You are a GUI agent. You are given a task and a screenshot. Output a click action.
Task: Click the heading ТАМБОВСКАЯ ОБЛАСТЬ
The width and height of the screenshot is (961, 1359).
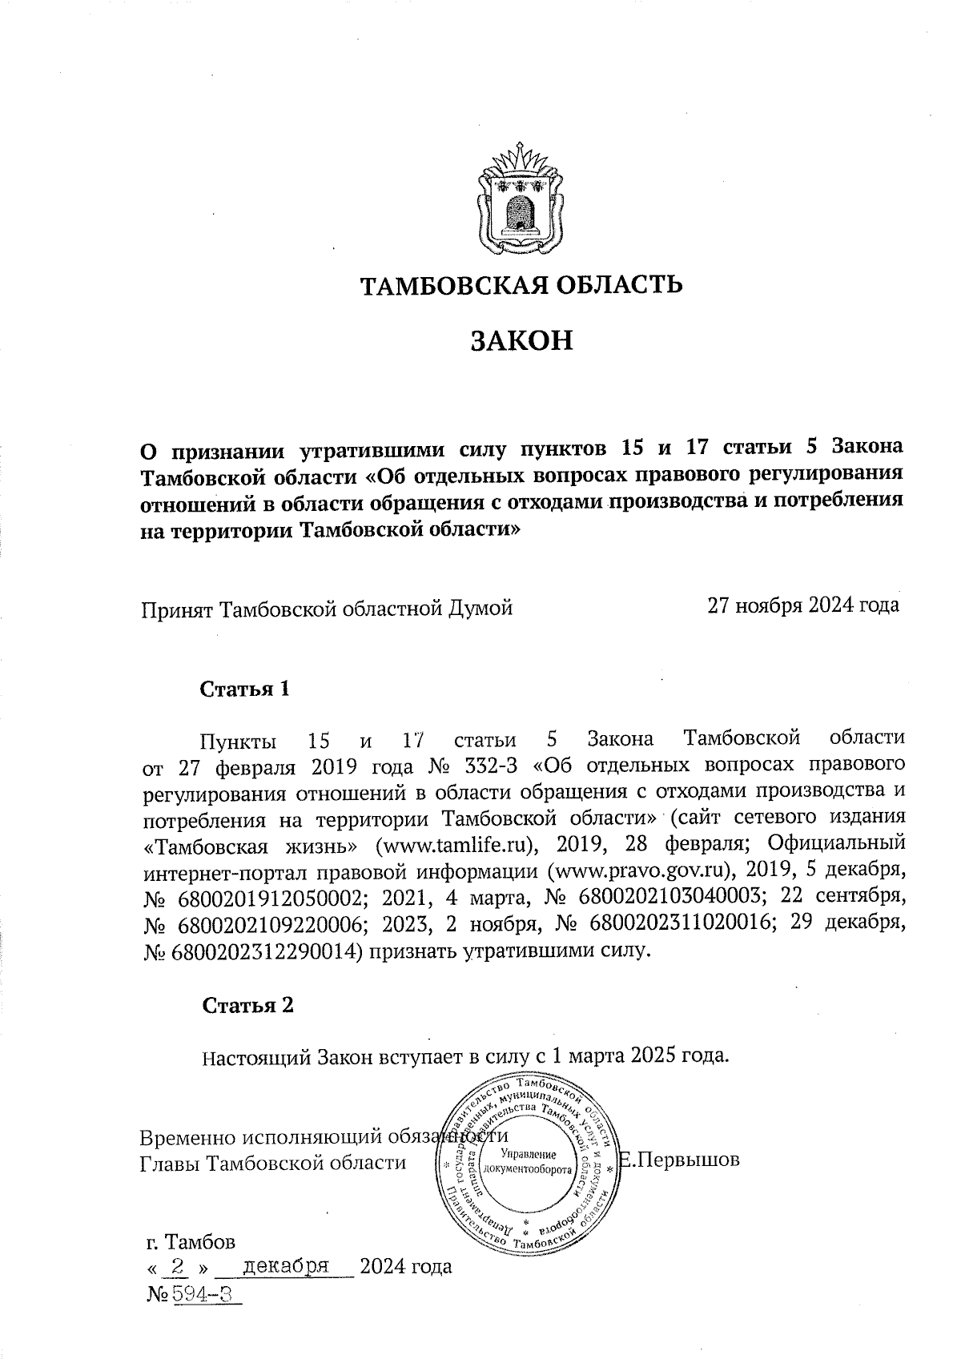(520, 286)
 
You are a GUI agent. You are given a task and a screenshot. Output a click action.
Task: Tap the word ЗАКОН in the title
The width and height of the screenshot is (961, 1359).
(520, 340)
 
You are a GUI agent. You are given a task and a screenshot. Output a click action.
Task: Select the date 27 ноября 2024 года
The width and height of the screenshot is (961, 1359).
(802, 606)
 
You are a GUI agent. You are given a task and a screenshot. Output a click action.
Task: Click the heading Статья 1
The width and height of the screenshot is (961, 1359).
(244, 690)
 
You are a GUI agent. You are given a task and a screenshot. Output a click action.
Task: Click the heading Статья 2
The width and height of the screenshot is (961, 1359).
(247, 1006)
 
